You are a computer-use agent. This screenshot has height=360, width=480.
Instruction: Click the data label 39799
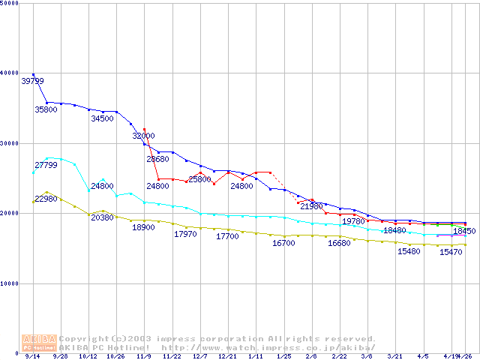32,81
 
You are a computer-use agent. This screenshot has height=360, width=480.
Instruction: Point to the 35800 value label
46,109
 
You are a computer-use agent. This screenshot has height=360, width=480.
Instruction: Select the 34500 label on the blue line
103,118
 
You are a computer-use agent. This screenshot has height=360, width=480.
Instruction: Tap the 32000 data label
144,136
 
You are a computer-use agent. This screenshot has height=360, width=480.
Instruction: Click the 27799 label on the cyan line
46,164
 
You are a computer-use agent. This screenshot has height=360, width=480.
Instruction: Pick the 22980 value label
46,199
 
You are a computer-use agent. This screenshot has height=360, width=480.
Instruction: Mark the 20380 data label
103,217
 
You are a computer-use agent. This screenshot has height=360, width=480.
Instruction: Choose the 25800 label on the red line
200,179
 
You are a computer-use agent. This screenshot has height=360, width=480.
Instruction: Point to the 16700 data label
283,243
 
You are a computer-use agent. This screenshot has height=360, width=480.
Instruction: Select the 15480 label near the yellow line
409,251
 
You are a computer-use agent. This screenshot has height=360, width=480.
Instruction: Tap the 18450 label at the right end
464,231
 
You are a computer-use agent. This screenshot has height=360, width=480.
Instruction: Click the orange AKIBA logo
39,342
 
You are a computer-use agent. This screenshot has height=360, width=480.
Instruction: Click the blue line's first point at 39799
33,74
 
